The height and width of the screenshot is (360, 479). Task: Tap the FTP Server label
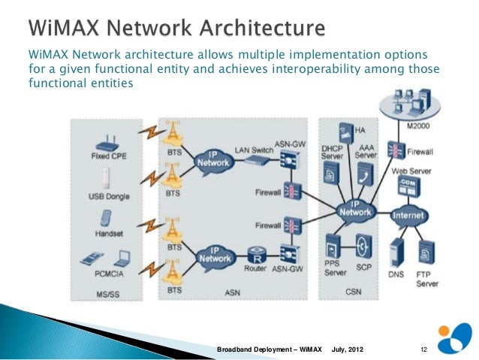pyautogui.click(x=426, y=279)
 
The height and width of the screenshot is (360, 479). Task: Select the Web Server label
pyautogui.click(x=410, y=171)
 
